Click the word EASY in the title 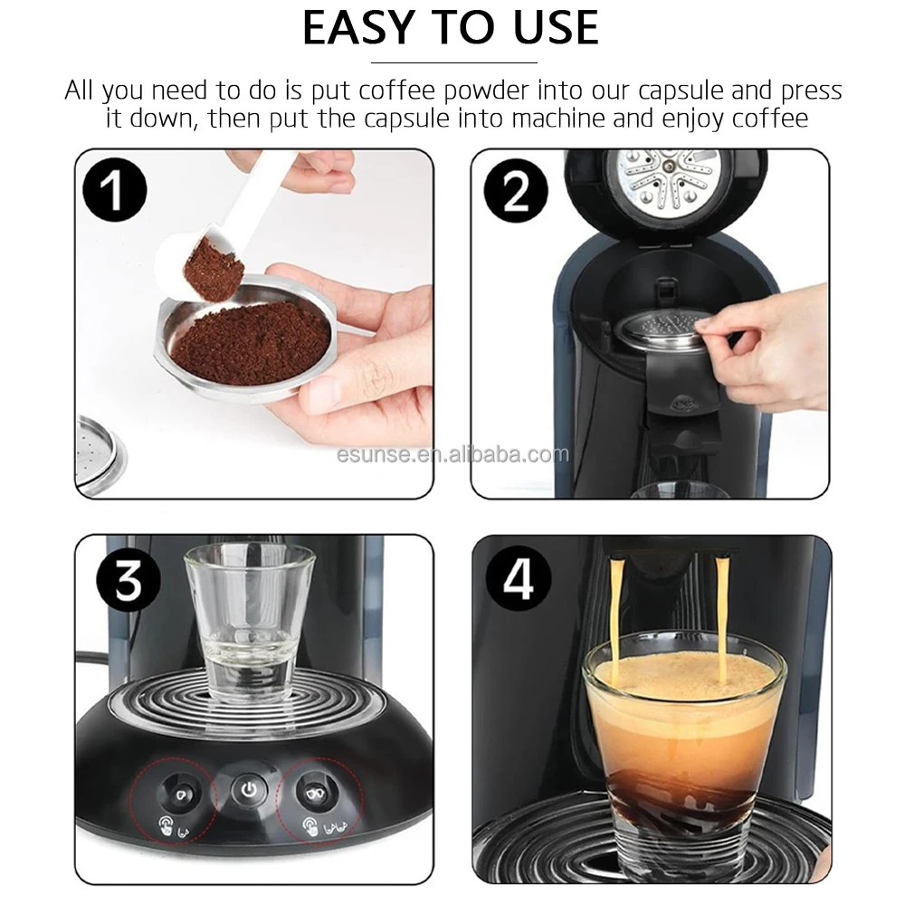pyautogui.click(x=359, y=28)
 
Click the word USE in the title pyautogui.click(x=556, y=28)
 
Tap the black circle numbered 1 pyautogui.click(x=115, y=190)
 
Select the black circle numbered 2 pyautogui.click(x=516, y=191)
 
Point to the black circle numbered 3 pyautogui.click(x=129, y=579)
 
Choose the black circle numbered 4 pyautogui.click(x=519, y=578)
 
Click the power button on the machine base pyautogui.click(x=249, y=789)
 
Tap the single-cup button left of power pyautogui.click(x=179, y=795)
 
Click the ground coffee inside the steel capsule pyautogui.click(x=251, y=338)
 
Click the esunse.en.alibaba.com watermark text pyautogui.click(x=452, y=455)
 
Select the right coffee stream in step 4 pyautogui.click(x=721, y=617)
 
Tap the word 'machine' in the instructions pyautogui.click(x=558, y=119)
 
